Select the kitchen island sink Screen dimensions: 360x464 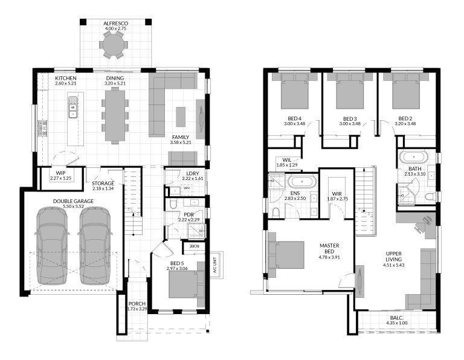tap(72, 112)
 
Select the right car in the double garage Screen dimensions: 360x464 tap(94, 245)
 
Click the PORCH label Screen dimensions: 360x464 tap(137, 304)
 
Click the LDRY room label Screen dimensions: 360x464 tap(185, 174)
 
